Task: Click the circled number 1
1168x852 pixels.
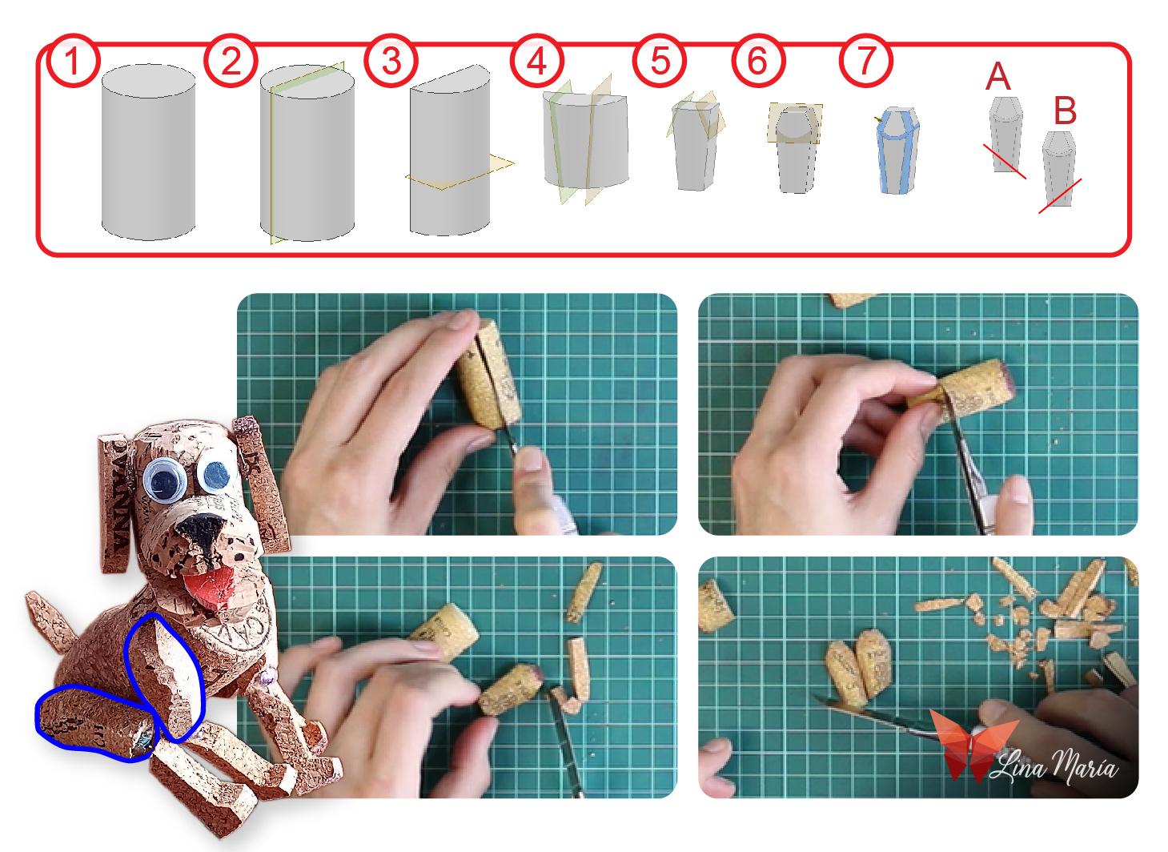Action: click(x=73, y=61)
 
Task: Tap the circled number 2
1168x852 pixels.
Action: click(x=231, y=61)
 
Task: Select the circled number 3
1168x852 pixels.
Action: click(x=391, y=61)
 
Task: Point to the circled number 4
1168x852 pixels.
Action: click(x=537, y=61)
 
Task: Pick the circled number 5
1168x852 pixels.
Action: click(x=660, y=61)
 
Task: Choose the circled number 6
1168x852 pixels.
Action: click(x=757, y=61)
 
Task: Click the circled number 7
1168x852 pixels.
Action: click(x=865, y=61)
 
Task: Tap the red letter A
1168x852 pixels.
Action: click(x=998, y=77)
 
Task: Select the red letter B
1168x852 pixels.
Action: click(x=1066, y=111)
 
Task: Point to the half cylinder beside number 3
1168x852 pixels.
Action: click(x=449, y=151)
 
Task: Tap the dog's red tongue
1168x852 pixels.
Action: click(x=212, y=587)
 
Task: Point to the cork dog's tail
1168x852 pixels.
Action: click(x=52, y=621)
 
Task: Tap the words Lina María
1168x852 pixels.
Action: click(x=1054, y=766)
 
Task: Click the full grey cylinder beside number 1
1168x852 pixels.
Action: click(x=149, y=151)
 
